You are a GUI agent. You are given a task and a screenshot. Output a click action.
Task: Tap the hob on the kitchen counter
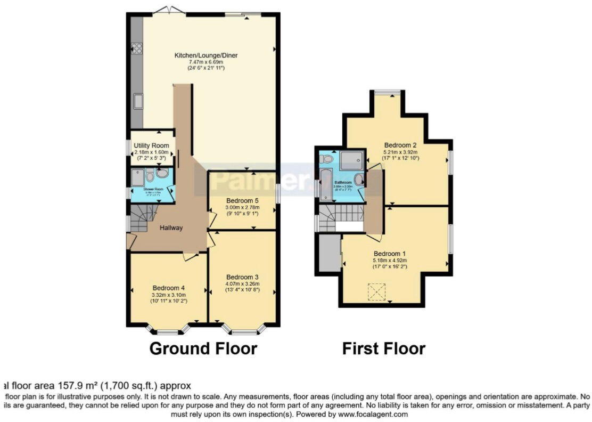point(137,48)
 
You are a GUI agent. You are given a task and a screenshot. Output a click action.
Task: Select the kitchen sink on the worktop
point(137,100)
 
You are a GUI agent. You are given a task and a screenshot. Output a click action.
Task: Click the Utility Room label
point(152,145)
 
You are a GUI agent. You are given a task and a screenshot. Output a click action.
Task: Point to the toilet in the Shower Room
point(150,176)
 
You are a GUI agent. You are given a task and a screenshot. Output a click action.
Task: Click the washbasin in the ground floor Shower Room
point(162,173)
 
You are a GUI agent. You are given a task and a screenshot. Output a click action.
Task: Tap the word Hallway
point(171,228)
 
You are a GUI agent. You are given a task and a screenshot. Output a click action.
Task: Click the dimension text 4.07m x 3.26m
point(242,284)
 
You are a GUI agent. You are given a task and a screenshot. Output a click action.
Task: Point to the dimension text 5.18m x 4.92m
point(390,261)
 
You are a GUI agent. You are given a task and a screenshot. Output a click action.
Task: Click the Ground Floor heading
point(203,348)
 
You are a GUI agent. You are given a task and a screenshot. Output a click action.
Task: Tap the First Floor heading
point(383,348)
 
